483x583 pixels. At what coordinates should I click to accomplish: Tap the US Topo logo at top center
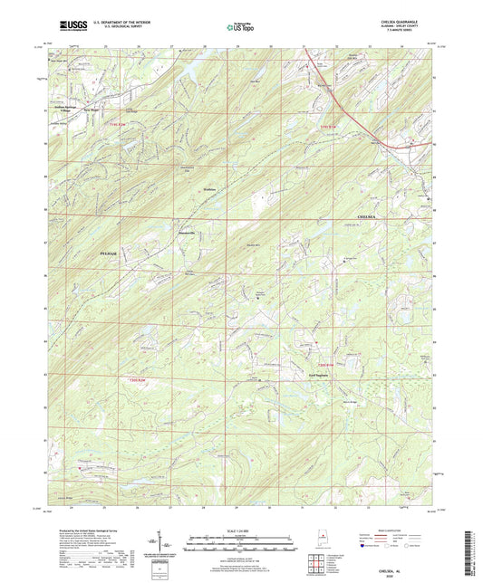coord(240,27)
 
